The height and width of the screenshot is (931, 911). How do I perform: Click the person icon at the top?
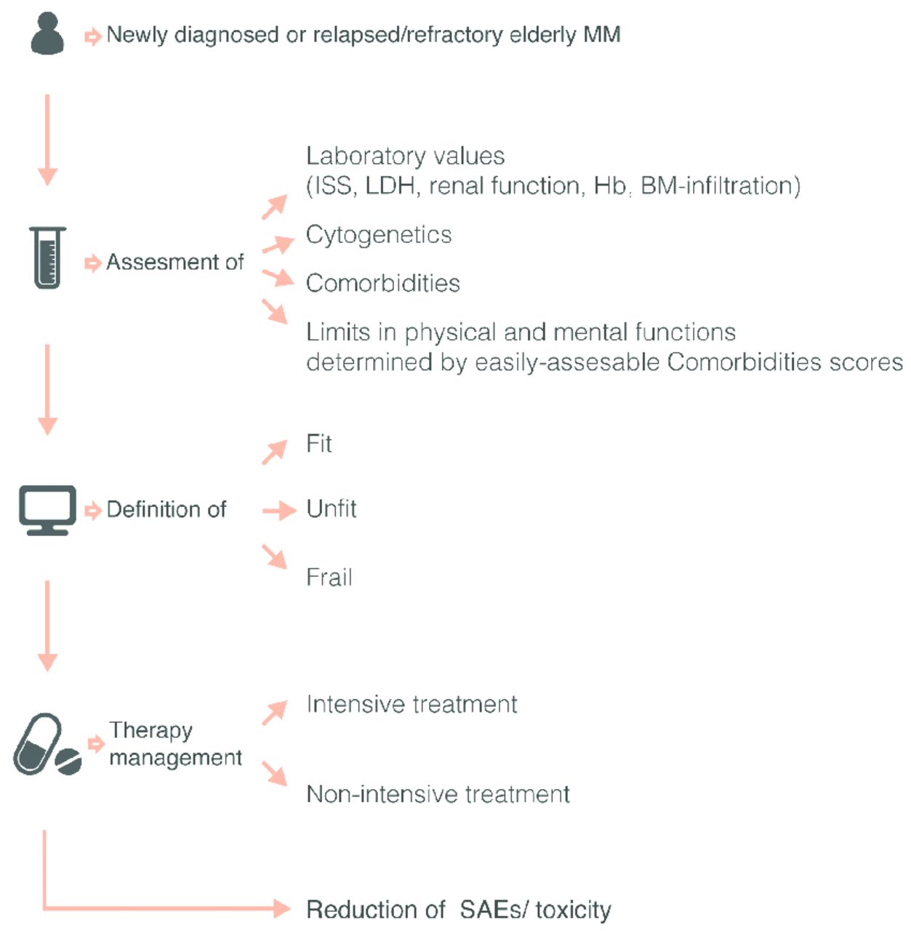[x=47, y=35]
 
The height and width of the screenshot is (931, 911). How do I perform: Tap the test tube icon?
[x=48, y=257]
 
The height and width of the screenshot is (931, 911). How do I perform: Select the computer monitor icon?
[x=47, y=510]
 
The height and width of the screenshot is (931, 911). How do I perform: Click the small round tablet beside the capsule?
[x=69, y=761]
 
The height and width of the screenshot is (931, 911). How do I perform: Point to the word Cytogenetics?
[x=379, y=235]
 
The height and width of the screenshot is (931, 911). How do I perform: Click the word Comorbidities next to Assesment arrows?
[x=383, y=283]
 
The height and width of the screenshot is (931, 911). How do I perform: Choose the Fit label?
[x=319, y=444]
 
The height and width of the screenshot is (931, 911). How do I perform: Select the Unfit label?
[x=332, y=508]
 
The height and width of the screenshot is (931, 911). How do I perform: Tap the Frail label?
[x=329, y=578]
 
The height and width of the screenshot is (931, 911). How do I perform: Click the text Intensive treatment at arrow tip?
[x=412, y=704]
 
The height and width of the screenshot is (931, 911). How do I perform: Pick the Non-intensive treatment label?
[x=438, y=794]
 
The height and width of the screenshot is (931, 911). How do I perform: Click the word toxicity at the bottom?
[x=573, y=910]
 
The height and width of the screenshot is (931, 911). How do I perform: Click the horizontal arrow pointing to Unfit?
[x=279, y=511]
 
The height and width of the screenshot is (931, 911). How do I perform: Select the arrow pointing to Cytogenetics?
[x=277, y=244]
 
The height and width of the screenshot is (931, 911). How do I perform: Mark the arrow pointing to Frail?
[x=275, y=556]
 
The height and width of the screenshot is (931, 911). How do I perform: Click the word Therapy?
[x=151, y=730]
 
